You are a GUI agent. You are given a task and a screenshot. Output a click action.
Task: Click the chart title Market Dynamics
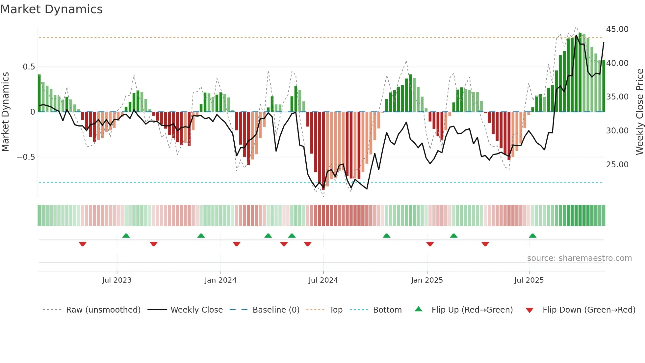(x=51, y=9)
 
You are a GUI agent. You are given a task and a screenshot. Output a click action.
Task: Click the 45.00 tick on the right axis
(x=617, y=29)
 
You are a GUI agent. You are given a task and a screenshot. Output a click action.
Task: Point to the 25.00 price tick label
(x=617, y=165)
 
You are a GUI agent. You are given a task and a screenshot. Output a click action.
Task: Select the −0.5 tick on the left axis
(x=26, y=157)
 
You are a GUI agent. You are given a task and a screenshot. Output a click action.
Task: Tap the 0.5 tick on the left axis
(x=29, y=67)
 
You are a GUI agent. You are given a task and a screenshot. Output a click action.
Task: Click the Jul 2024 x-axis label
(x=323, y=280)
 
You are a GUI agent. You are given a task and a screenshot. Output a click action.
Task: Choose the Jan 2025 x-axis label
(x=426, y=280)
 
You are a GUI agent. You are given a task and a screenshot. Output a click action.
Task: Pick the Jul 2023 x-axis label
(x=116, y=280)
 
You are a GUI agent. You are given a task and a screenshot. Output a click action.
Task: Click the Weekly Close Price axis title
(x=639, y=112)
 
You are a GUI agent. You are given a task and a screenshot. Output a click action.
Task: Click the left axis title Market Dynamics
(x=5, y=112)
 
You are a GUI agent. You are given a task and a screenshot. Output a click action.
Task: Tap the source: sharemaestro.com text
(x=579, y=258)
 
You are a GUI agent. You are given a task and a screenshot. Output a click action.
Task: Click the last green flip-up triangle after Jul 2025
(x=532, y=236)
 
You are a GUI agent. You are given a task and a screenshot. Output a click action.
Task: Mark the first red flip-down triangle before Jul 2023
(x=83, y=244)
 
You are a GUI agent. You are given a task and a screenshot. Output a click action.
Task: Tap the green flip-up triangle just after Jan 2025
(x=453, y=236)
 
